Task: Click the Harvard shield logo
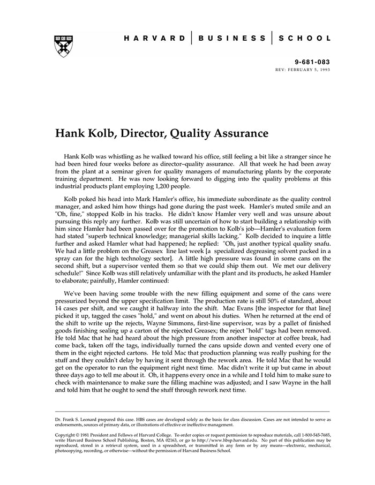coord(64,46)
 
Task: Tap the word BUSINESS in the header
coord(231,39)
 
